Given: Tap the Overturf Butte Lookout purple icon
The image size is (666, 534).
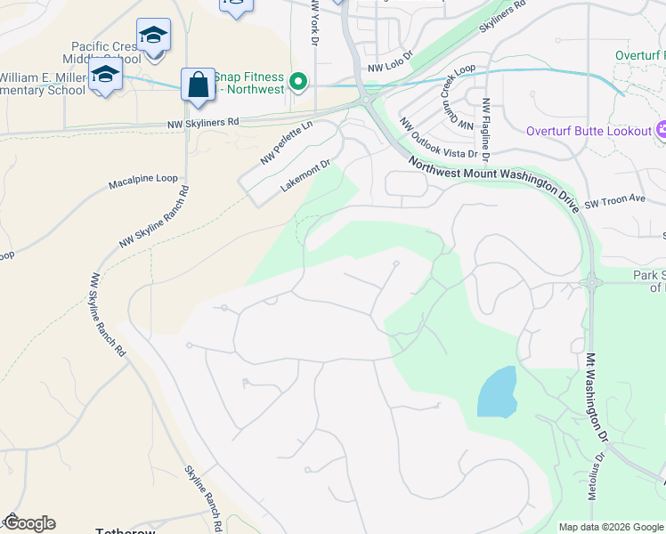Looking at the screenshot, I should [x=661, y=132].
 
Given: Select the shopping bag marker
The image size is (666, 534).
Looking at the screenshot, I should [x=197, y=85].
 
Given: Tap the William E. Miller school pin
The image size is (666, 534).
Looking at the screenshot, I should [x=105, y=77].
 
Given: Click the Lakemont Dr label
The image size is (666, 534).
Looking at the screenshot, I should [x=305, y=175].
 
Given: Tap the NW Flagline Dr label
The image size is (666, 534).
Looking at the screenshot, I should [x=486, y=130].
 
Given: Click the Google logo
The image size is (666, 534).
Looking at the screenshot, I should [x=29, y=523].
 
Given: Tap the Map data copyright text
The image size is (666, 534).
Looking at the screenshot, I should [x=612, y=527].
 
